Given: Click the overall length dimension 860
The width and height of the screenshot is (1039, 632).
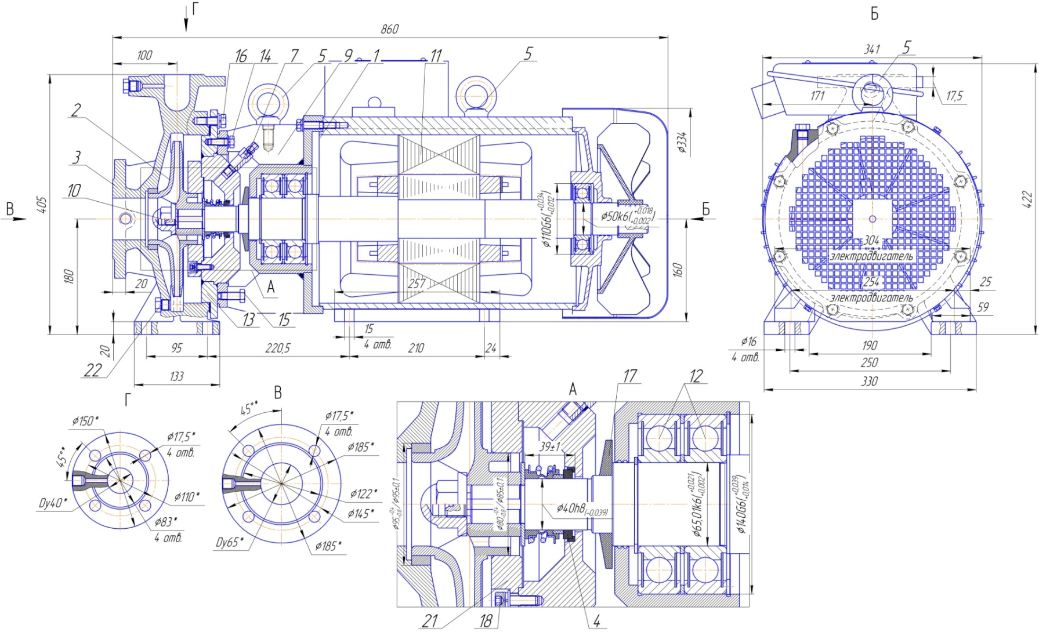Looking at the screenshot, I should click(x=389, y=29).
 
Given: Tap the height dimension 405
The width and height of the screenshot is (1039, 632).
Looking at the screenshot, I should click(x=42, y=205).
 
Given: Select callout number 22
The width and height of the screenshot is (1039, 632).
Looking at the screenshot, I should click(x=93, y=371).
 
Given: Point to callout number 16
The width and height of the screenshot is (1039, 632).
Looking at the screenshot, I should click(x=240, y=56).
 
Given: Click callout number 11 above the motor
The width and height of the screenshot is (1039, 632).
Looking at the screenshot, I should click(x=436, y=56).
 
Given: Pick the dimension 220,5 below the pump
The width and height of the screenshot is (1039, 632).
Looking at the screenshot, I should click(x=278, y=348).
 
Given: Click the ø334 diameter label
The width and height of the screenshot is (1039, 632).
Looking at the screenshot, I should click(x=683, y=143).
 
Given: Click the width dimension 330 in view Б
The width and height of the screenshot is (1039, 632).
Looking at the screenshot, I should click(x=869, y=381).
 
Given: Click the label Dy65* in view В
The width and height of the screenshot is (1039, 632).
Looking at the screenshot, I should click(x=230, y=543).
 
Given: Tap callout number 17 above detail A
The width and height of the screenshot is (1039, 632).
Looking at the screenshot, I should click(x=629, y=377).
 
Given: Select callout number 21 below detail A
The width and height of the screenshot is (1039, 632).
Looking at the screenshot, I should click(x=429, y=620).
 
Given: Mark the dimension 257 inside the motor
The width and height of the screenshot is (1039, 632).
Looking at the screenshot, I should click(x=417, y=284).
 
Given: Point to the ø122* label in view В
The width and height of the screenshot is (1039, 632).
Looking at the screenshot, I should click(x=363, y=494).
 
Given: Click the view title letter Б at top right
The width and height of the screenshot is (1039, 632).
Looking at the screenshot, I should click(x=874, y=14).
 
